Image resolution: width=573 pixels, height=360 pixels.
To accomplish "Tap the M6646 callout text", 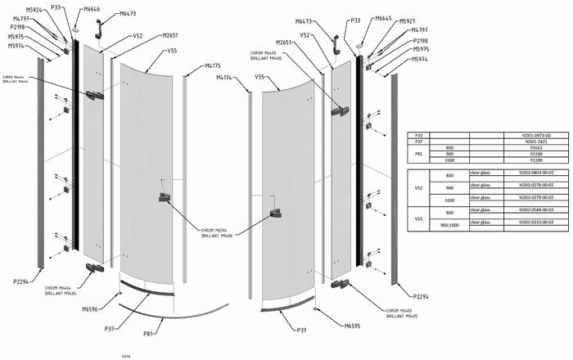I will pyautogui.click(x=92, y=9).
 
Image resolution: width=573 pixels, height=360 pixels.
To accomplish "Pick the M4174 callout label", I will pyautogui.click(x=225, y=78).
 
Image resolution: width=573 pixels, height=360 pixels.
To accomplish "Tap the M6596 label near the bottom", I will pyautogui.click(x=90, y=309).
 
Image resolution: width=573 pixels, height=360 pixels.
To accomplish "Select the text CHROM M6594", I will pyautogui.click(x=216, y=230).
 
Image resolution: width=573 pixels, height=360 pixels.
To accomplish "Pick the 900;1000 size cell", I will pyautogui.click(x=449, y=223).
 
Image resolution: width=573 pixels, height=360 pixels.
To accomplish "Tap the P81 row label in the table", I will pyautogui.click(x=418, y=154).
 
